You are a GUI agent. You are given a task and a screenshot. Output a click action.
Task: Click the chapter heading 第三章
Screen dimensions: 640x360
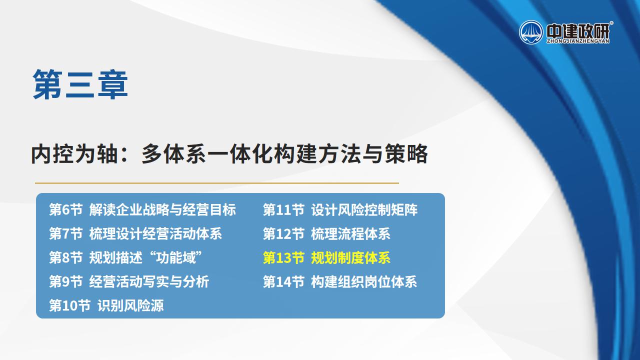80,84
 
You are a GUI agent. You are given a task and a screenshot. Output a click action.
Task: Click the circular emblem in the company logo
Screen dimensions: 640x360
531,32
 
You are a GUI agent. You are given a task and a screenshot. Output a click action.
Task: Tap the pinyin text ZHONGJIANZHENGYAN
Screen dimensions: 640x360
577,41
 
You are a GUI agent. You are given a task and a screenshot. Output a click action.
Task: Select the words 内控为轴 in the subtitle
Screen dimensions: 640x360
74,154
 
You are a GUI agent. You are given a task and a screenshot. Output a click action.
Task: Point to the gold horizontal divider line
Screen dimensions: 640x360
217,183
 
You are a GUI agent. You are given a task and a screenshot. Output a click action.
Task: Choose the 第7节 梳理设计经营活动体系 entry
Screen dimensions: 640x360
135,233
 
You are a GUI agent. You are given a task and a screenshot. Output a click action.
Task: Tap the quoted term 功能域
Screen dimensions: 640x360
175,257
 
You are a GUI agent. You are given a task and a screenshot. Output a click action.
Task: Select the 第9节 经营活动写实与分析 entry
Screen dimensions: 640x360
129,281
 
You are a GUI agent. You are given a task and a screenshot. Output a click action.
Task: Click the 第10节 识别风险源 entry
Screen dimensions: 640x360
106,305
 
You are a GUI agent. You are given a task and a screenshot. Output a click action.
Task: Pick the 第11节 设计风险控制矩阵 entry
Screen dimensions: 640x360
340,209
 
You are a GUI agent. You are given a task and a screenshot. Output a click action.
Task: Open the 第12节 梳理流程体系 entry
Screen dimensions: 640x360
326,233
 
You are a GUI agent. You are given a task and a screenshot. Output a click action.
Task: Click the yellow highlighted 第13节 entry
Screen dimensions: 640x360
326,257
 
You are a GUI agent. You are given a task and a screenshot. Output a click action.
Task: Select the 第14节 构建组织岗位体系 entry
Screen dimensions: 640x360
340,281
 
